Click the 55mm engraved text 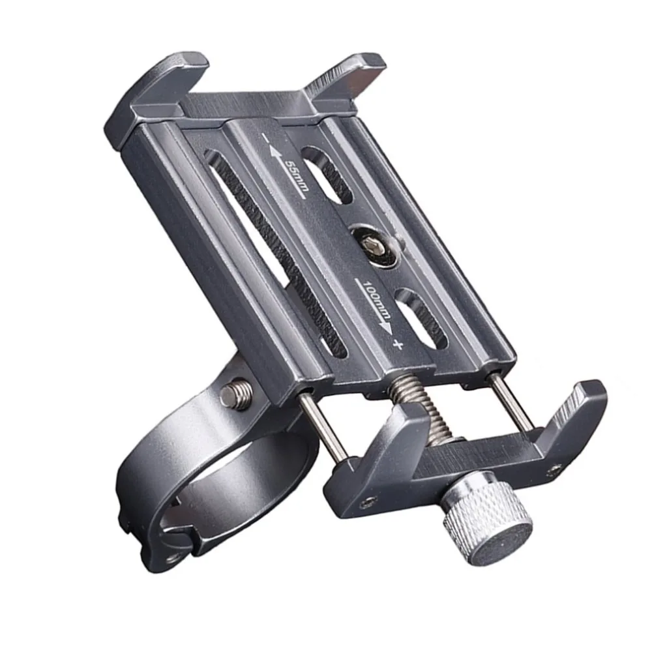click(297, 176)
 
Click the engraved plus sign click(398, 344)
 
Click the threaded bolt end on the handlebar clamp click(237, 394)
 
